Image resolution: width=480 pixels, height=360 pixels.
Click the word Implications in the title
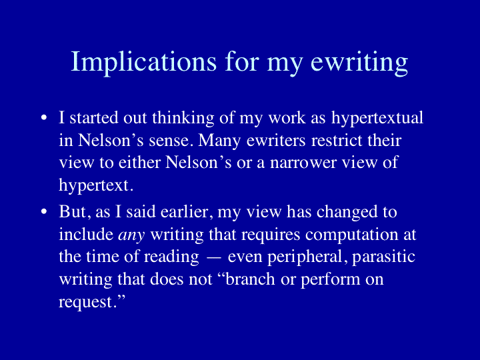pyautogui.click(x=143, y=63)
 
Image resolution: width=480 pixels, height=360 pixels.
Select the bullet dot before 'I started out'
pyautogui.click(x=44, y=118)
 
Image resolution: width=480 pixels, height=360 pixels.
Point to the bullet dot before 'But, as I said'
pyautogui.click(x=44, y=211)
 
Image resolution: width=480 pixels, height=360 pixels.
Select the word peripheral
pyautogui.click(x=304, y=257)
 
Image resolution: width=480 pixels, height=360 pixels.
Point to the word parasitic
pyautogui.click(x=384, y=257)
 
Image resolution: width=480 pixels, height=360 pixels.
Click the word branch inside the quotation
pyautogui.click(x=250, y=279)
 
